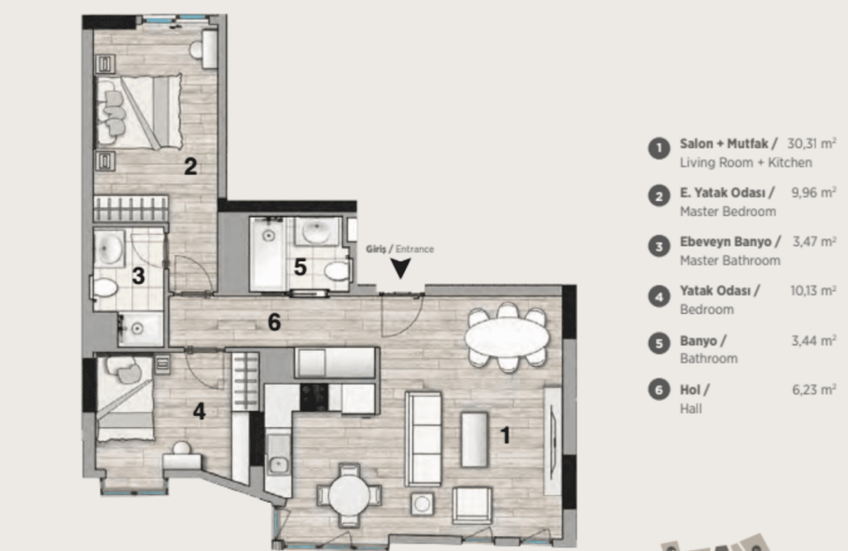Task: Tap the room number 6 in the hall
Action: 274,322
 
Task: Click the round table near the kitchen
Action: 349,494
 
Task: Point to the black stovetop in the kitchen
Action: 314,397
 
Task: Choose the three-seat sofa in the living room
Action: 423,439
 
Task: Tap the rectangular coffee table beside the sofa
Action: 474,440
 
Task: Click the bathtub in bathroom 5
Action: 267,254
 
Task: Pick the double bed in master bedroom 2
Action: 138,111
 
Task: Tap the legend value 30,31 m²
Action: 812,143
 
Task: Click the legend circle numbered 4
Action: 659,296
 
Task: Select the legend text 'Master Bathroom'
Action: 730,260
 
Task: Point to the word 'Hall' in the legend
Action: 691,408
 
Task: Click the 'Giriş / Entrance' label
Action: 400,249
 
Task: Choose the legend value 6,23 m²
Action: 814,389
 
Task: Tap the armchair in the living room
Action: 472,505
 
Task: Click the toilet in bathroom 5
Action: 336,271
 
